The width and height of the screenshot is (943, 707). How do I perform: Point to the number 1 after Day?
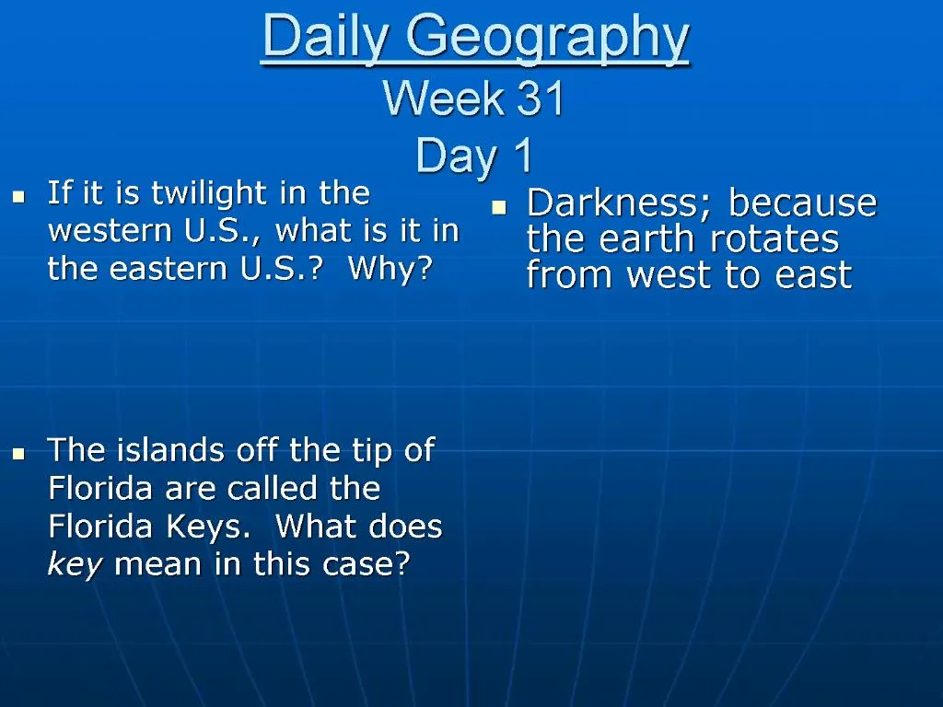pyautogui.click(x=522, y=156)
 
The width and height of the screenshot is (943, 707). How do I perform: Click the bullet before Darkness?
pyautogui.click(x=499, y=207)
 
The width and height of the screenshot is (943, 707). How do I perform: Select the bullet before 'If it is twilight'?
pyautogui.click(x=17, y=196)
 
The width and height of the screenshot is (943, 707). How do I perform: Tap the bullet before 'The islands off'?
pyautogui.click(x=17, y=453)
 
